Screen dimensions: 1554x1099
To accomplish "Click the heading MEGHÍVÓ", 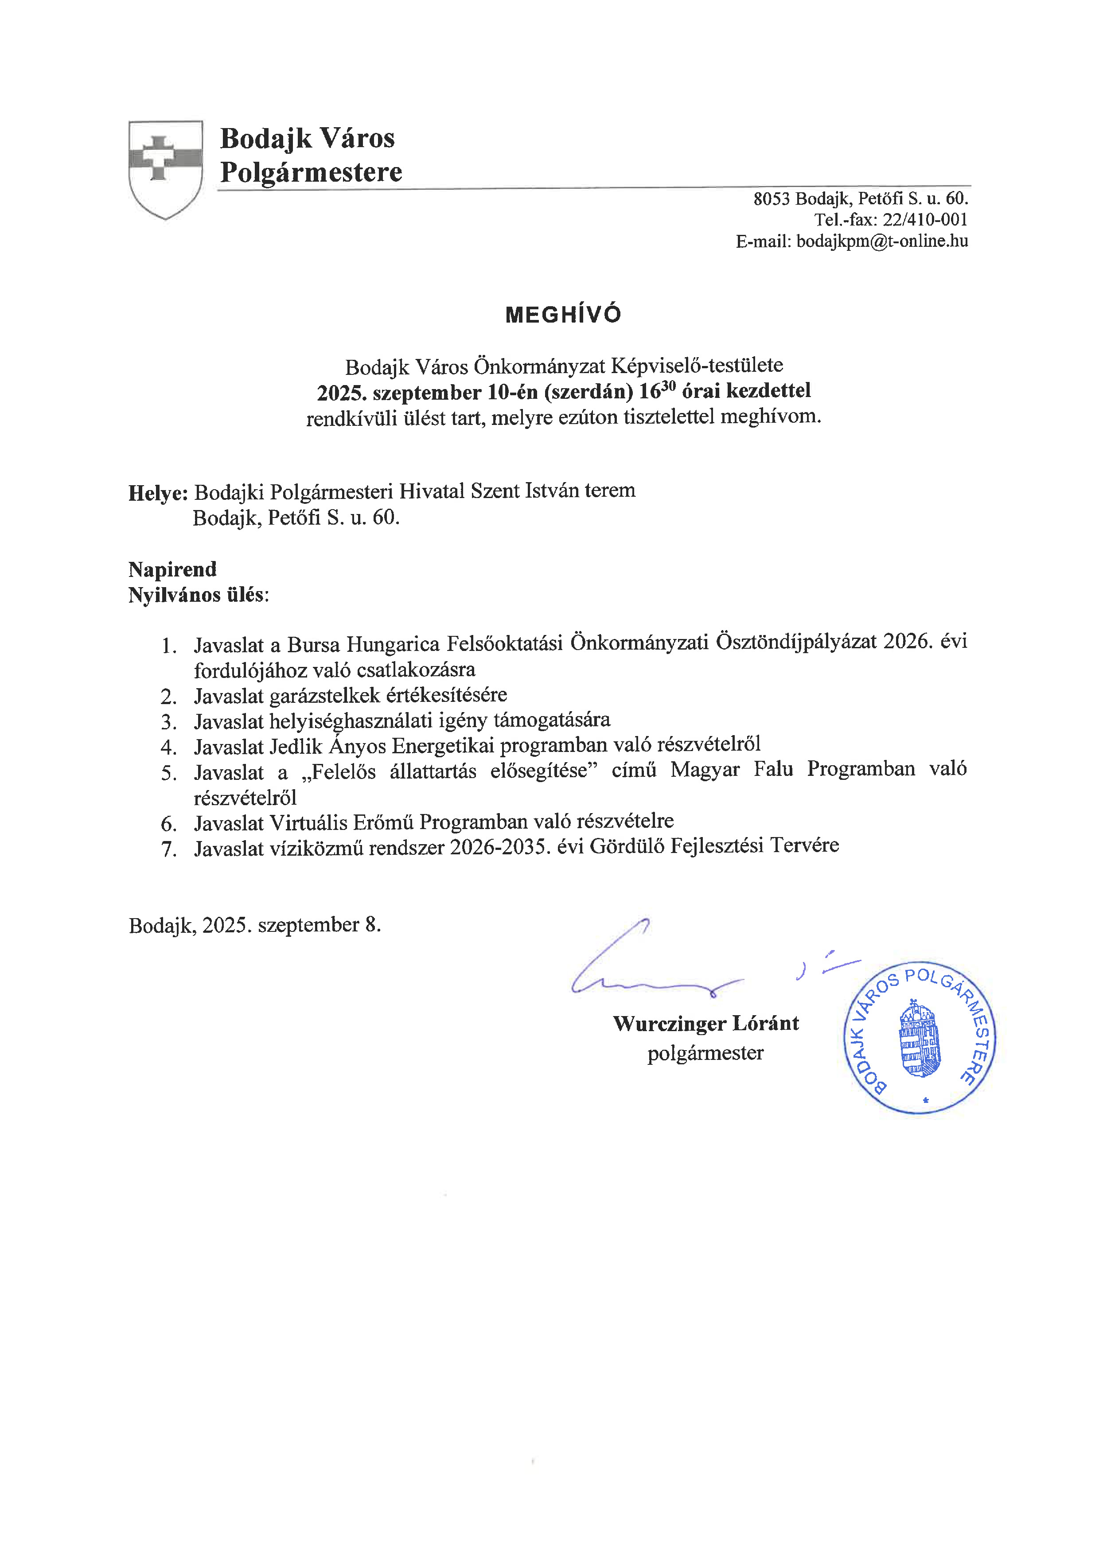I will pos(563,315).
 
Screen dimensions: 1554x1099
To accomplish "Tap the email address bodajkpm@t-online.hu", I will pos(882,241).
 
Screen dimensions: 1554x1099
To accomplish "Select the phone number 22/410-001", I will pos(924,220).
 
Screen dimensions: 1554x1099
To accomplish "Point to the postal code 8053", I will pos(772,199).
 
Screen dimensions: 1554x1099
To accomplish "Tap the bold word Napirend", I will pos(172,569).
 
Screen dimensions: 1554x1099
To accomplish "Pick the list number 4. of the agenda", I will pos(168,747).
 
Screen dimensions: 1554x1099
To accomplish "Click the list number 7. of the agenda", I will pos(168,849).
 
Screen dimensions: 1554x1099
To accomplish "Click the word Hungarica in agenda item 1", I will pos(386,644).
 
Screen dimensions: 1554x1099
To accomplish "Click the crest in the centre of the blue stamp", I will pos(919,1040).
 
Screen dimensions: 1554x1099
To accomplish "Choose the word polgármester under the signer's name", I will pos(705,1053).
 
